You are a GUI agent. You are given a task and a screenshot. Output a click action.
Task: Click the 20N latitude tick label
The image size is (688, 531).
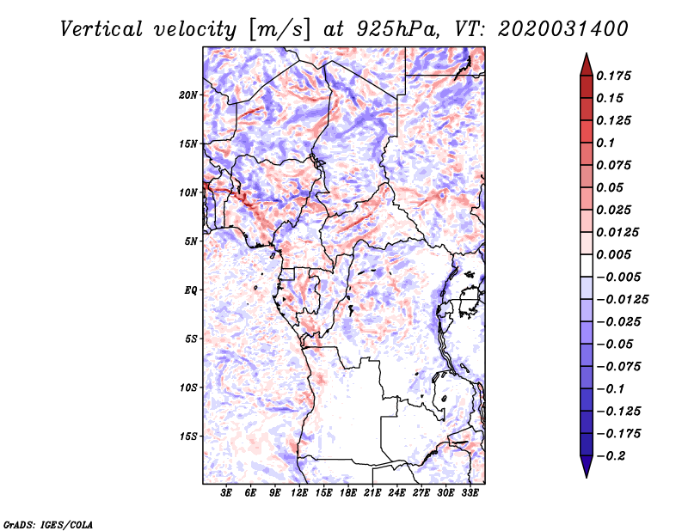pos(187,95)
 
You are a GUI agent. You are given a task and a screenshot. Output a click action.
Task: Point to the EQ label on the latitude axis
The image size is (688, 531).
pos(190,290)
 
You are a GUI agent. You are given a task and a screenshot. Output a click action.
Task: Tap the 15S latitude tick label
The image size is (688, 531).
pos(187,436)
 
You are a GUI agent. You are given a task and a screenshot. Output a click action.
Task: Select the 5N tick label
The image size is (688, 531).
pos(190,241)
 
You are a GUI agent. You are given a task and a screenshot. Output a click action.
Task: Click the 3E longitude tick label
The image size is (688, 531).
pos(226,493)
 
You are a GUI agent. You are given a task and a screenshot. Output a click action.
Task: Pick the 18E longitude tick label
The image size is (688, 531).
pos(348,493)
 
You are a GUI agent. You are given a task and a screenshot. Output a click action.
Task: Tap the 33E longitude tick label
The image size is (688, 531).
pos(470,493)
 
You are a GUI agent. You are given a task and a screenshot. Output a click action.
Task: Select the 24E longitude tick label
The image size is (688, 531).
pos(396,493)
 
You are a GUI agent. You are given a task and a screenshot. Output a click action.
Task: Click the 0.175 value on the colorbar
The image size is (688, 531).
pos(613,76)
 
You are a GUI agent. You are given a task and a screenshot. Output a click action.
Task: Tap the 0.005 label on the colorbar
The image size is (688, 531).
pos(613,254)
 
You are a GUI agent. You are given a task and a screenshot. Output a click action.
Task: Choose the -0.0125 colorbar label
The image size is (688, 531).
pos(622,300)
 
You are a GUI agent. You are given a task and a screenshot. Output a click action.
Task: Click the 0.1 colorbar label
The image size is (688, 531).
pos(605,143)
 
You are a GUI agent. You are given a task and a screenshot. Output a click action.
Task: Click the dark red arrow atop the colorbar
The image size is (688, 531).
pos(587,64)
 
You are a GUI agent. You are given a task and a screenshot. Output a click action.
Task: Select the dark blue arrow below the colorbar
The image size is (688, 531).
pos(587,467)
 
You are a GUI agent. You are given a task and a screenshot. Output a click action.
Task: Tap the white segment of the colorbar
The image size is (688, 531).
pos(587,265)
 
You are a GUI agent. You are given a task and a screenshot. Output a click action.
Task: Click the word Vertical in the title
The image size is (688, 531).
pos(101,29)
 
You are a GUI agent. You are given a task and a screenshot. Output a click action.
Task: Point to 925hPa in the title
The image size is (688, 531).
pos(396,29)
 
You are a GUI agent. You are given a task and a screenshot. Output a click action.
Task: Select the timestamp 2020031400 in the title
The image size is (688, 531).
pos(563,29)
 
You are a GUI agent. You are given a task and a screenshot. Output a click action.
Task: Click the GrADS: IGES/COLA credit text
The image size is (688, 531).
pos(48,525)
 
